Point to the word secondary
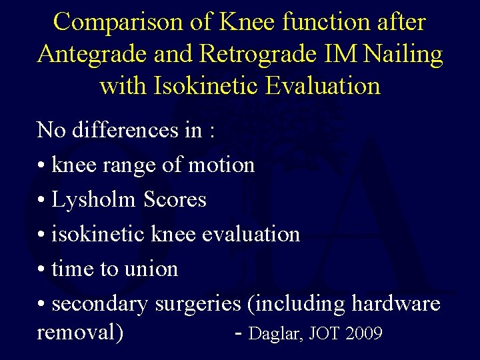click(x=100, y=304)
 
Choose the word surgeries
click(x=198, y=304)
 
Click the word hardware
click(x=396, y=303)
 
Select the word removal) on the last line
click(x=80, y=331)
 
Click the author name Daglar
click(x=275, y=333)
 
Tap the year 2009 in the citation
click(x=364, y=333)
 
